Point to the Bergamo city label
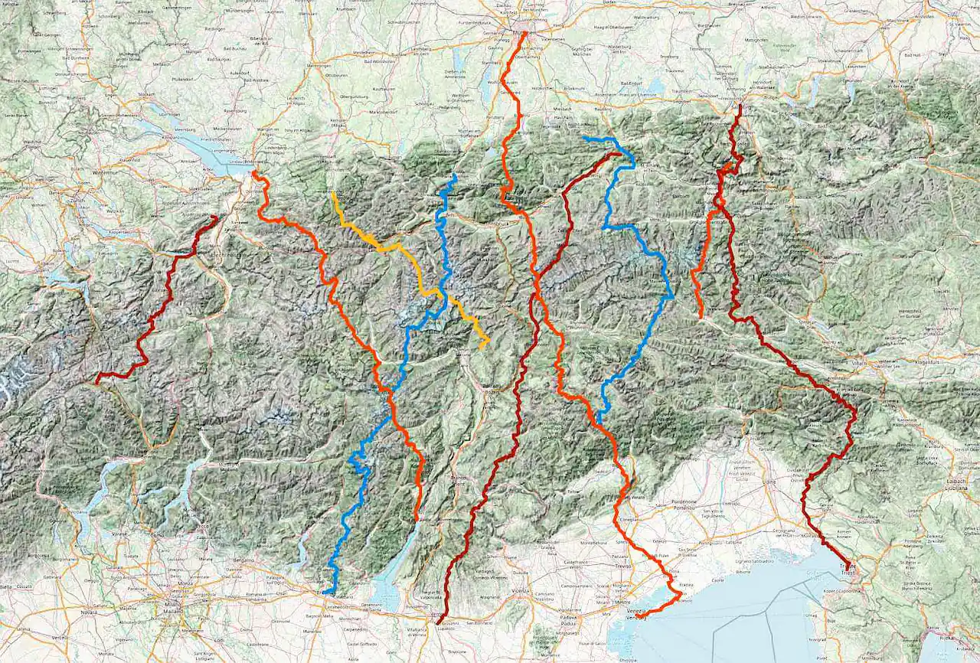coord(243,561)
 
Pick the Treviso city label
coord(620,566)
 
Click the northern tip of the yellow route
coord(332,193)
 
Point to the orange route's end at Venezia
coord(637,616)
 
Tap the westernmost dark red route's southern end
coord(96,380)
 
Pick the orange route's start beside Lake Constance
coord(254,172)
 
